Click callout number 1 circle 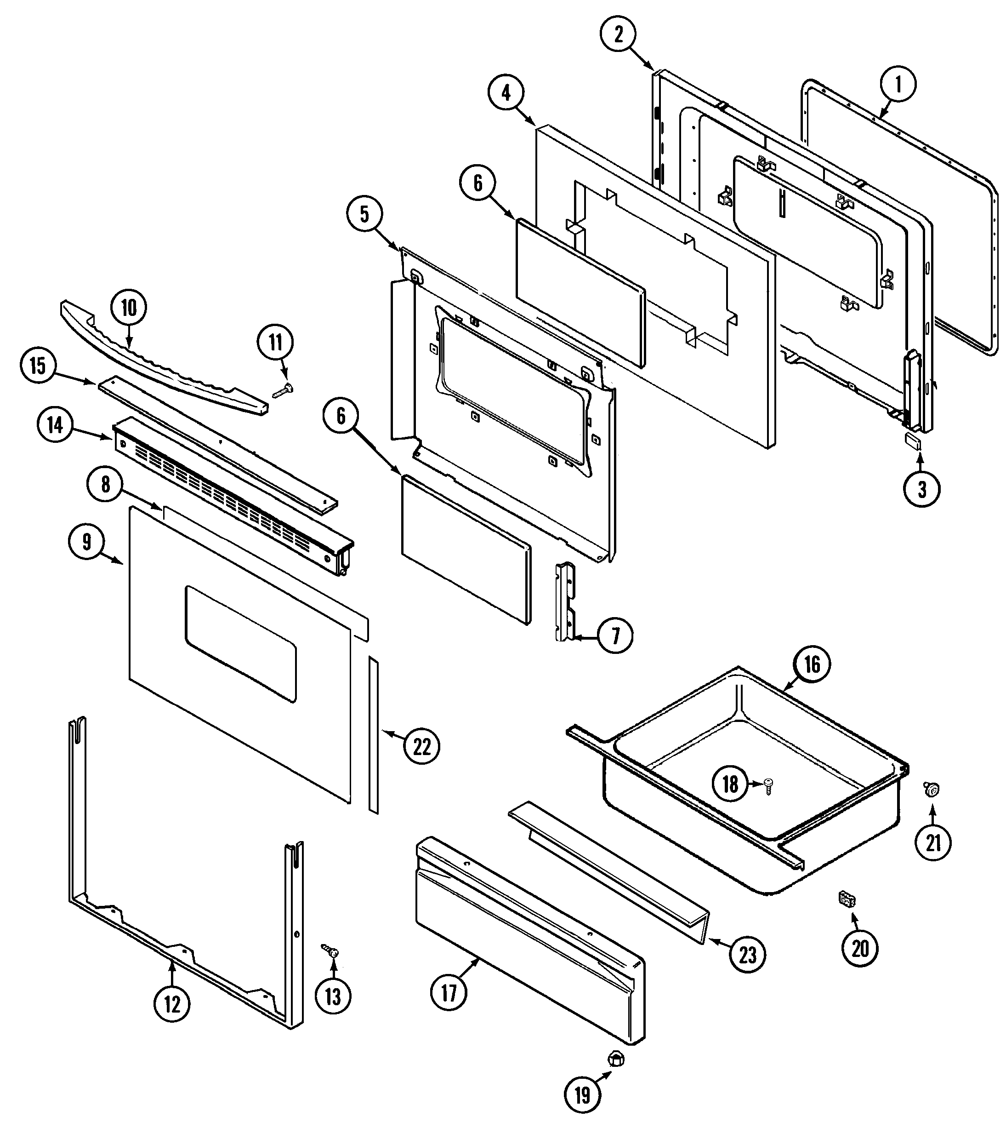pyautogui.click(x=898, y=84)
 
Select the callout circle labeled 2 pyautogui.click(x=618, y=34)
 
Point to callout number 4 pyautogui.click(x=506, y=92)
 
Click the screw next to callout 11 pyautogui.click(x=284, y=390)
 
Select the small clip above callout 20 pyautogui.click(x=846, y=899)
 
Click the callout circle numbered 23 pyautogui.click(x=747, y=954)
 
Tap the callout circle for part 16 pyautogui.click(x=812, y=664)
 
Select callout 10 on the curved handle pyautogui.click(x=129, y=308)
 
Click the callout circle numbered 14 pyautogui.click(x=55, y=425)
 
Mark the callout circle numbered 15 pyautogui.click(x=38, y=366)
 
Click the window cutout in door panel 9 pyautogui.click(x=240, y=644)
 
